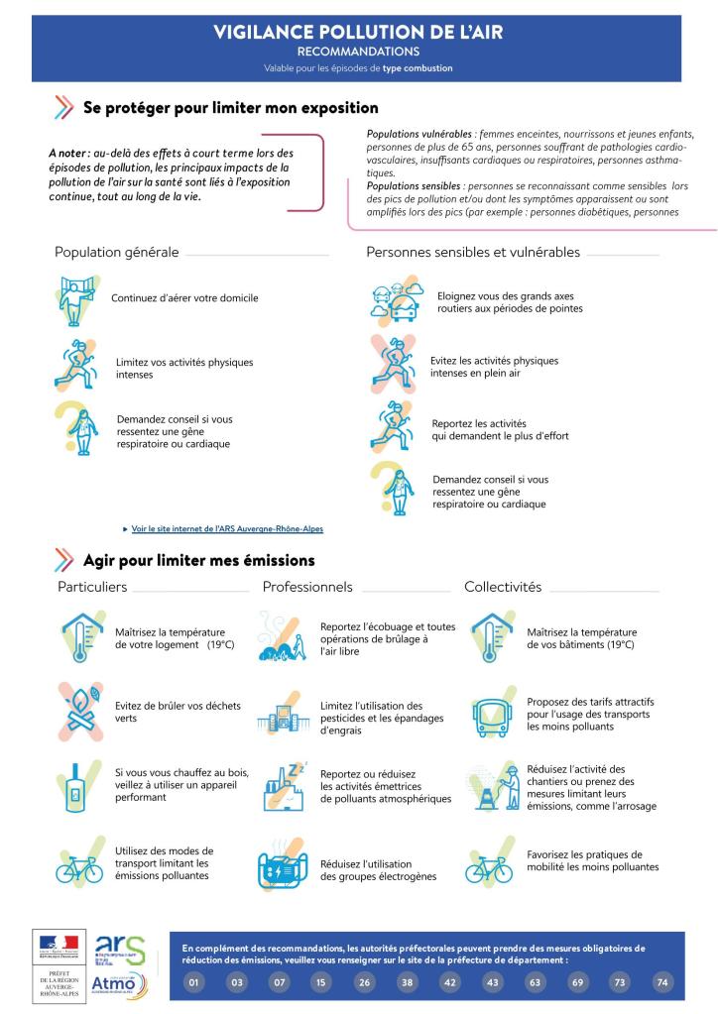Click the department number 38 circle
click(x=407, y=982)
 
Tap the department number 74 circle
click(x=662, y=982)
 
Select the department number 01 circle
click(x=194, y=982)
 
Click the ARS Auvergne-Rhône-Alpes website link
click(x=227, y=528)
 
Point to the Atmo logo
click(x=119, y=984)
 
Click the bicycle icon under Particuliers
click(x=79, y=869)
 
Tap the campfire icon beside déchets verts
click(x=80, y=712)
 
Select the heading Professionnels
click(x=307, y=587)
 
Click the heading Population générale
click(x=117, y=252)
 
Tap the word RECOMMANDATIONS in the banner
click(x=358, y=51)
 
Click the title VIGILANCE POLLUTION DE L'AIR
click(x=358, y=33)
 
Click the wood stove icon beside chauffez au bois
click(x=77, y=788)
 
